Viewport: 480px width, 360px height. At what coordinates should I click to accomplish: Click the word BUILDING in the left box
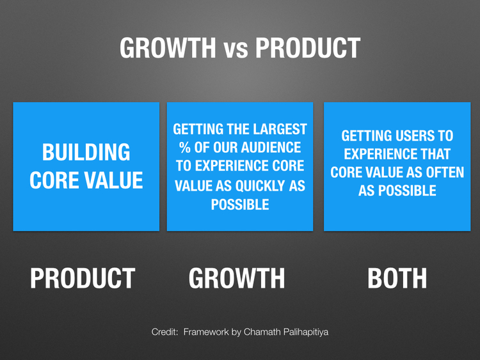pyautogui.click(x=86, y=153)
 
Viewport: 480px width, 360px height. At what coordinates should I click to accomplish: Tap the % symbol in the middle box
pyautogui.click(x=185, y=148)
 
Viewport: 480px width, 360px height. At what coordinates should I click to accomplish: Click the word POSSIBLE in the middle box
pyautogui.click(x=239, y=204)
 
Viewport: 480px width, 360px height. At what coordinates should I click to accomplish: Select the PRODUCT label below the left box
pyautogui.click(x=83, y=278)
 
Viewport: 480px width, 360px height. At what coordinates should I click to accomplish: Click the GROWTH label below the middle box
pyautogui.click(x=237, y=278)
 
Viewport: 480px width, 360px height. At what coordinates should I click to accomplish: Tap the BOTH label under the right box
pyautogui.click(x=397, y=278)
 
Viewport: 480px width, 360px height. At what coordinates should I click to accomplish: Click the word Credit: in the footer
pyautogui.click(x=165, y=333)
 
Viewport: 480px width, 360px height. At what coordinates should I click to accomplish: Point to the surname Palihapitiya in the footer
pyautogui.click(x=305, y=333)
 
